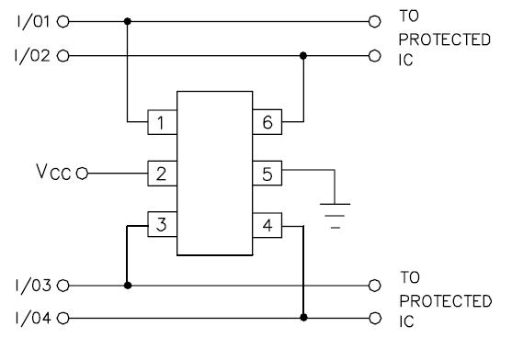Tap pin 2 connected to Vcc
pos(162,172)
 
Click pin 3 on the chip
pos(162,223)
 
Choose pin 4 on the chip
pos(267,223)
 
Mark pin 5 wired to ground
pos(267,172)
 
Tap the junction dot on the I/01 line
pos(127,20)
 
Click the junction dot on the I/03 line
pos(127,286)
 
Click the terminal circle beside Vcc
pos(82,172)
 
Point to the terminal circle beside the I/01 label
pos(63,20)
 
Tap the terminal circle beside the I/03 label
pos(63,286)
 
